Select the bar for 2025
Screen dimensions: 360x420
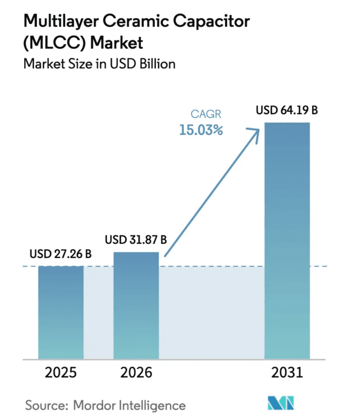(61, 312)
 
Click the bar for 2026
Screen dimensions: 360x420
(136, 305)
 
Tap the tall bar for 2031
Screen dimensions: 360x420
(287, 240)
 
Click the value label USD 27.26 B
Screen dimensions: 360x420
(61, 254)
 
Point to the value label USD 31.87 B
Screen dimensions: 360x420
(136, 240)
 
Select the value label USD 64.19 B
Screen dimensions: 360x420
(287, 110)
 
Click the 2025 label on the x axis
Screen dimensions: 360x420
(61, 373)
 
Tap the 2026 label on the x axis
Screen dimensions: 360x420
(136, 373)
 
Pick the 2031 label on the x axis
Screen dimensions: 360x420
(287, 373)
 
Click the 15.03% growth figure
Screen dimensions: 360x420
(201, 130)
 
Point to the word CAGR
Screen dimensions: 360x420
(206, 114)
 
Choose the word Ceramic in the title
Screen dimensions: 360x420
(136, 21)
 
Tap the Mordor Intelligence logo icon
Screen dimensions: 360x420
(281, 403)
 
